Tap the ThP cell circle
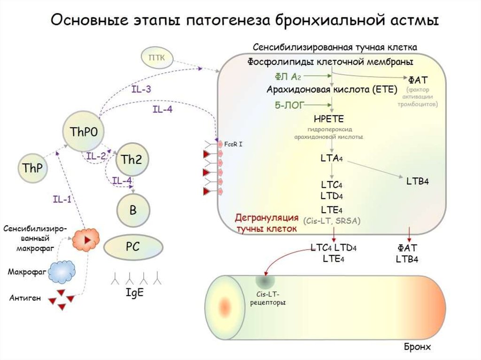pos(33,168)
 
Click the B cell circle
pos(132,210)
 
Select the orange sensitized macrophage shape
pos(86,239)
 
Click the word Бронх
pos(417,347)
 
